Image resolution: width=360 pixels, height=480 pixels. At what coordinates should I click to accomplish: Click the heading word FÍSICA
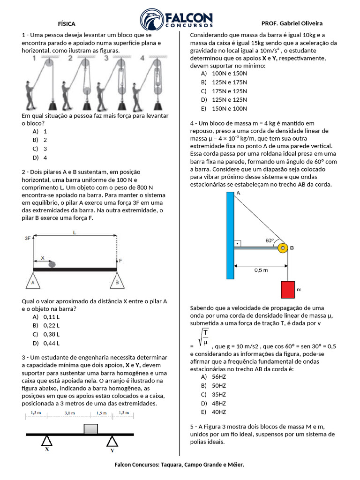[67, 23]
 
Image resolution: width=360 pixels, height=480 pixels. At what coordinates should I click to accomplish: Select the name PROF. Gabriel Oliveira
[292, 23]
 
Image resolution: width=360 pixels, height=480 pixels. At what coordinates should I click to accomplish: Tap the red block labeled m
[287, 290]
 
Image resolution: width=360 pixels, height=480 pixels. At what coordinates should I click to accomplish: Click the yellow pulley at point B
[282, 248]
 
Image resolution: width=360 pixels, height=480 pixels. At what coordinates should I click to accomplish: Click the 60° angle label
[270, 240]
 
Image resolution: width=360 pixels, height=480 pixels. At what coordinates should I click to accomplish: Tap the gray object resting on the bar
[52, 264]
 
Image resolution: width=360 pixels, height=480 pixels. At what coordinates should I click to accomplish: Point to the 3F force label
[27, 238]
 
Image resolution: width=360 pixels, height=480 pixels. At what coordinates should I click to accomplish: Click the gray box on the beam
[90, 428]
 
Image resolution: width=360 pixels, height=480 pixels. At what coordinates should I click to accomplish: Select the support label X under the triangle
[47, 449]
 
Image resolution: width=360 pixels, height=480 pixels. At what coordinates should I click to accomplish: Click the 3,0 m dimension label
[70, 413]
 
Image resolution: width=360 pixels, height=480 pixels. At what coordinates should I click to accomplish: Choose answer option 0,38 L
[51, 334]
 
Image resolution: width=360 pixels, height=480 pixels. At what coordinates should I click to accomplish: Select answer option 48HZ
[219, 403]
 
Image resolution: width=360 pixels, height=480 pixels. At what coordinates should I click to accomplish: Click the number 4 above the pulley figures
[142, 58]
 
